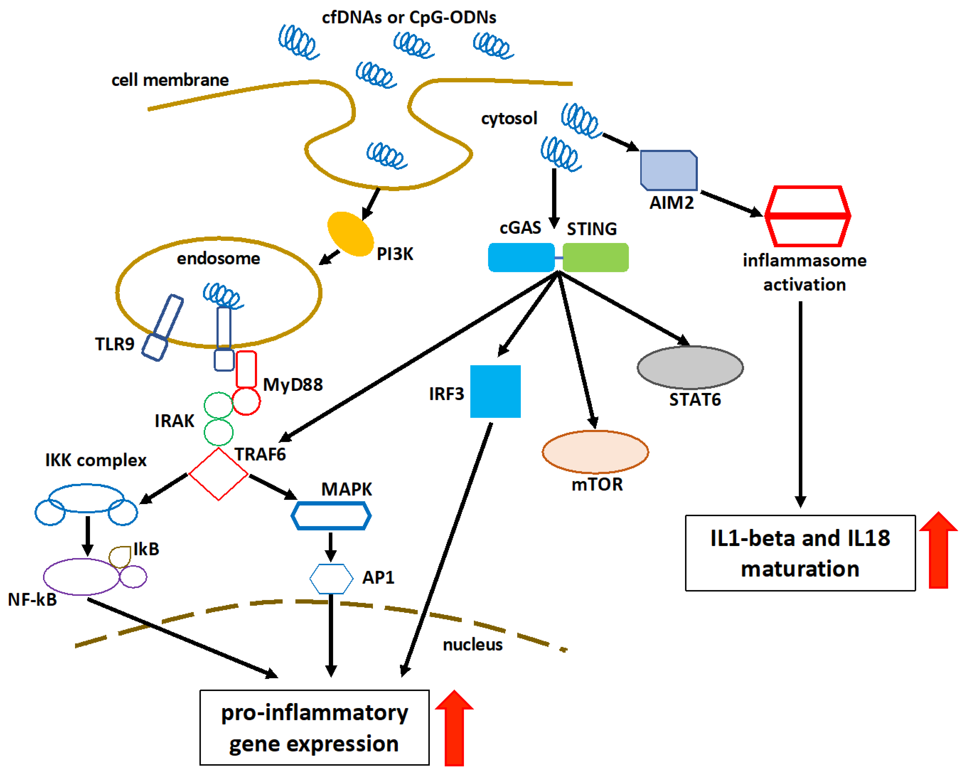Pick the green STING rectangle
pos(595,257)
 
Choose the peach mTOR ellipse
pos(595,452)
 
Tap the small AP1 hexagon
pos(331,579)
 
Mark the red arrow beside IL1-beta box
pos(938,551)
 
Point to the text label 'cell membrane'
pos(170,80)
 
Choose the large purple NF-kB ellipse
pos(81,576)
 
